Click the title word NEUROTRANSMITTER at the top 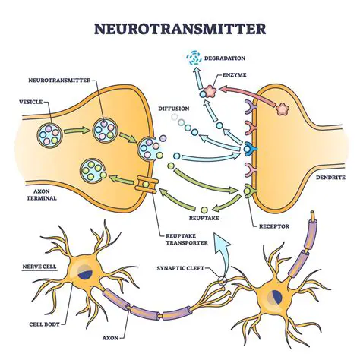179,30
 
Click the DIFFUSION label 174,108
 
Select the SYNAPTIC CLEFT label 181,267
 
